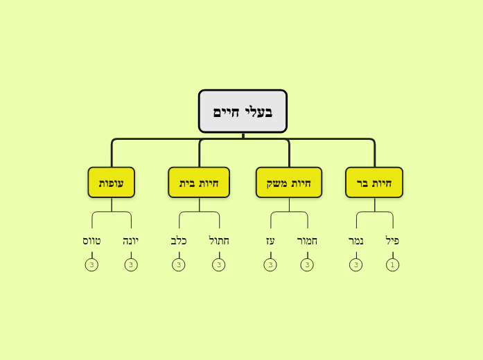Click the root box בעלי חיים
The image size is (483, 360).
243,111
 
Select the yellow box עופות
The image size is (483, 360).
112,183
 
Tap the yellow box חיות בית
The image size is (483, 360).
199,183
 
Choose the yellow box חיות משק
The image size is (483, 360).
289,183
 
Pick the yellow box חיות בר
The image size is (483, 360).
374,183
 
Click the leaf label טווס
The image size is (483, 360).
91,241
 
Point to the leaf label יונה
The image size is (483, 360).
131,241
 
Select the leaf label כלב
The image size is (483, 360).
179,241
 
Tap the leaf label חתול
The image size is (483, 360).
219,241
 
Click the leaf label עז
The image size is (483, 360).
270,241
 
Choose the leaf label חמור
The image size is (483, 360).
307,241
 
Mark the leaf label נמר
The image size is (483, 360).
356,241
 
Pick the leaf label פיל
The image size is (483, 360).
392,241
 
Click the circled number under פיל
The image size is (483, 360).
392,264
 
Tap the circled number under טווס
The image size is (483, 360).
91,264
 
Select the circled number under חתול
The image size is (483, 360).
219,264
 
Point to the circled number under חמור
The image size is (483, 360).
307,264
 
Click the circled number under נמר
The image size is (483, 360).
356,264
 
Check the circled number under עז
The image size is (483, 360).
270,264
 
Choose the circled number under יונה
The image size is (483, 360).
131,264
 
